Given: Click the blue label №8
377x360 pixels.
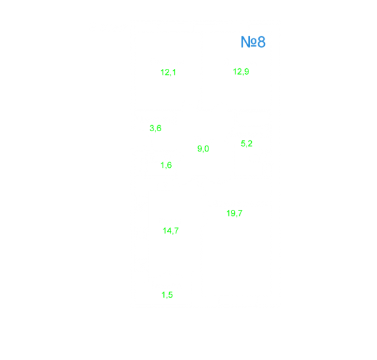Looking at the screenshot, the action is [x=253, y=42].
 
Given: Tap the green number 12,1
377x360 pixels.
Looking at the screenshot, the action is [x=169, y=72].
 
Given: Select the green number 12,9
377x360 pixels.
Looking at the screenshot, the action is [x=241, y=71].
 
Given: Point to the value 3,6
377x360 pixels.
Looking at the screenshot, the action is [x=155, y=128].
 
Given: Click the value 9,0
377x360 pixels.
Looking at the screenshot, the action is [x=203, y=149].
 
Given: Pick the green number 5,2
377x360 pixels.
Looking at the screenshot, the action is [x=247, y=144].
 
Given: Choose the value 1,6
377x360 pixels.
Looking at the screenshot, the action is [x=166, y=165].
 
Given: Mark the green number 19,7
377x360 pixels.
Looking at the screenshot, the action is [x=235, y=213].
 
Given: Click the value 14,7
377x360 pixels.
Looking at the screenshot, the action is [x=170, y=231].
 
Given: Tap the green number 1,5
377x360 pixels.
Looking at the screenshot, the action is [x=167, y=294].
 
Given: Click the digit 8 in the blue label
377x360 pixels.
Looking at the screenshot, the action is [x=262, y=42].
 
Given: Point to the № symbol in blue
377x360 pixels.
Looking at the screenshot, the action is [x=248, y=42].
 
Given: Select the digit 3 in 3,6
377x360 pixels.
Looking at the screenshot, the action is [x=152, y=128].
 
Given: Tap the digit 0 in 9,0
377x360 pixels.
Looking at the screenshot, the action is [x=207, y=149].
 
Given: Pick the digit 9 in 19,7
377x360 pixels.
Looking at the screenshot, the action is [x=233, y=213].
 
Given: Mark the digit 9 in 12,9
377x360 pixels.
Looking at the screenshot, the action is [x=247, y=71].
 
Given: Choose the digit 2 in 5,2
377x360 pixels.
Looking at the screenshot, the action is [x=250, y=144].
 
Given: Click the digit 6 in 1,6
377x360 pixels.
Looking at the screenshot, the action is [x=170, y=165].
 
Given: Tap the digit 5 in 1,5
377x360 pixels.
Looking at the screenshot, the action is [x=170, y=294].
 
